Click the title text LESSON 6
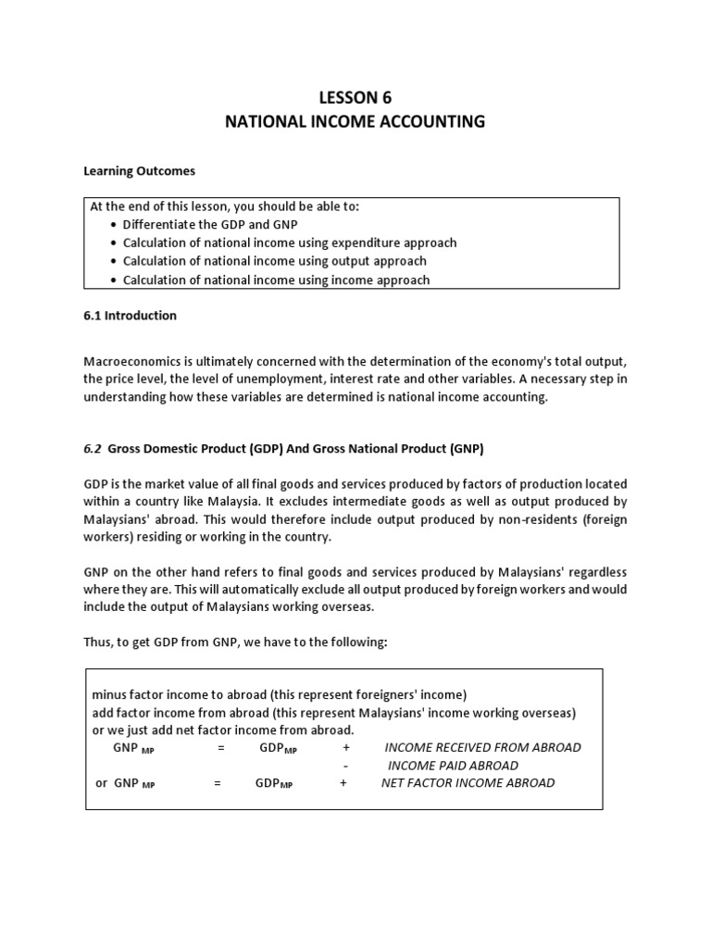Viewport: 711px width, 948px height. click(x=355, y=97)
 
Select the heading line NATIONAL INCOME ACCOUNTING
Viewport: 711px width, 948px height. click(x=355, y=121)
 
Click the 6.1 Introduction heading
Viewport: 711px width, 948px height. click(x=131, y=316)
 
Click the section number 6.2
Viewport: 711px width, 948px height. click(x=94, y=449)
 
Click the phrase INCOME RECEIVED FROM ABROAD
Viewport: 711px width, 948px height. click(x=482, y=747)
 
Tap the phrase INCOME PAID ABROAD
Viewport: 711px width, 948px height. click(x=453, y=766)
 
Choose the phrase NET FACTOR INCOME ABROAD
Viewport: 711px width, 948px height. click(x=468, y=783)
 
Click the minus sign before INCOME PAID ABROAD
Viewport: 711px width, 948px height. click(x=345, y=766)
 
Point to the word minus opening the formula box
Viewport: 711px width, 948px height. click(x=108, y=694)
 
